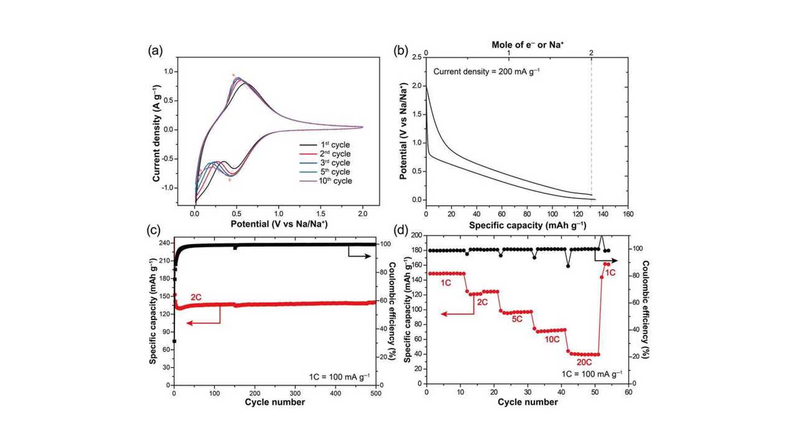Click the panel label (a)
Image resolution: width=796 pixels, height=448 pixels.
[155, 51]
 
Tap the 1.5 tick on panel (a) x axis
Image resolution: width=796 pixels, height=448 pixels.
[320, 214]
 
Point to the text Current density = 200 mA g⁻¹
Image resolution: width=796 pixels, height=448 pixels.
[486, 71]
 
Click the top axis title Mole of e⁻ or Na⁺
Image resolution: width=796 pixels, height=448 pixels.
[527, 45]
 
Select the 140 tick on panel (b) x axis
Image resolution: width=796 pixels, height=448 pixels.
[603, 214]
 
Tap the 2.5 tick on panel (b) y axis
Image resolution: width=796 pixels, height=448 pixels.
[417, 58]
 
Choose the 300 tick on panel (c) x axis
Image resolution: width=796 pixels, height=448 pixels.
[295, 393]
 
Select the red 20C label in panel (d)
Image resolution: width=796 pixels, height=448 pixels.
[584, 362]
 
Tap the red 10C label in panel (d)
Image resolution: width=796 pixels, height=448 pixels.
[552, 340]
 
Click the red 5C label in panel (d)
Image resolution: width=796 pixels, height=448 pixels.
[517, 319]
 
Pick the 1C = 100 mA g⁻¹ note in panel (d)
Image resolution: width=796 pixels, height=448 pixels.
[592, 374]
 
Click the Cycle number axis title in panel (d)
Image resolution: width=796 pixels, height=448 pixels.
[527, 402]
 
